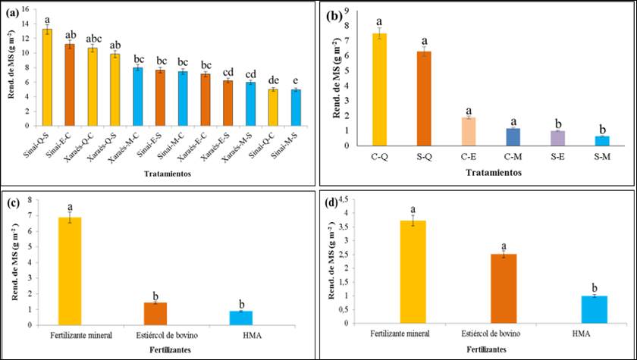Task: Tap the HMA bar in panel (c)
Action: [x=240, y=318]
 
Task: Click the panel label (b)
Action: [x=334, y=15]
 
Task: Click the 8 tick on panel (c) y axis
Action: [x=30, y=200]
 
